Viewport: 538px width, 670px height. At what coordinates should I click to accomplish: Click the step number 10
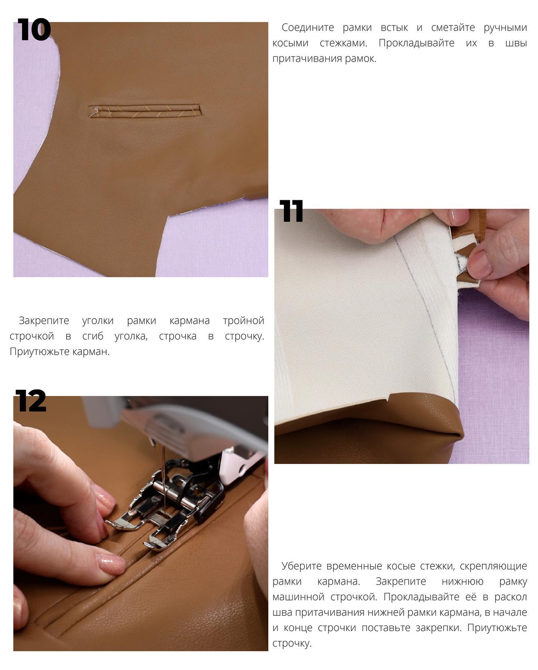point(34,30)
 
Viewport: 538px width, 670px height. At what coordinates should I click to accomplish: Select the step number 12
point(31,400)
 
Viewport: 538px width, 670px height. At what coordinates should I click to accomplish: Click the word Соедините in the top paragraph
point(308,28)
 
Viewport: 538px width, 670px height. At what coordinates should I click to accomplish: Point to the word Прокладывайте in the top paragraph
point(416,43)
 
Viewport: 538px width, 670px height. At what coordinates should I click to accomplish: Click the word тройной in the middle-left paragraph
point(244,321)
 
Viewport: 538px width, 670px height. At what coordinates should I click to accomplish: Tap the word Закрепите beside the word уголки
point(44,321)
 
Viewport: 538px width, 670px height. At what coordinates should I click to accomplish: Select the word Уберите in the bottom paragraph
point(301,566)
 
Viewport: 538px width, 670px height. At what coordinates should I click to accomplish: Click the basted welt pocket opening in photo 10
point(145,111)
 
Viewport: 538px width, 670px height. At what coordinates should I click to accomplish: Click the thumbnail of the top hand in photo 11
point(458,215)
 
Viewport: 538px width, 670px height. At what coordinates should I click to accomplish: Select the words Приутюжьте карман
point(59,352)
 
